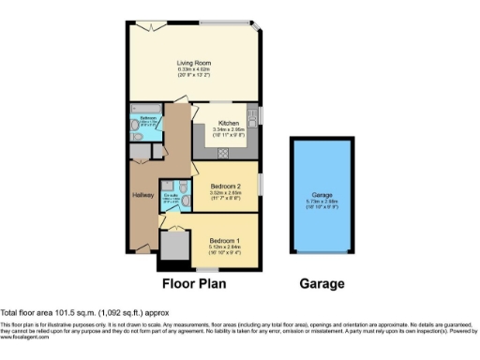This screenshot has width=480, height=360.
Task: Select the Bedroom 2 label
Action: pyautogui.click(x=227, y=187)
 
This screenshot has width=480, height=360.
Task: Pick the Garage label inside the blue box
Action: pyautogui.click(x=321, y=194)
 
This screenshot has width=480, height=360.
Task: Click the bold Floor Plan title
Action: pyautogui.click(x=194, y=283)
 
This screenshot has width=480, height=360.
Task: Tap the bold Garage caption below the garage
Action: pyautogui.click(x=322, y=283)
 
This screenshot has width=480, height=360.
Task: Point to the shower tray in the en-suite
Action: pyautogui.click(x=168, y=186)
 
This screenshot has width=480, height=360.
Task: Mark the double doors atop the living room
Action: pyautogui.click(x=145, y=24)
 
